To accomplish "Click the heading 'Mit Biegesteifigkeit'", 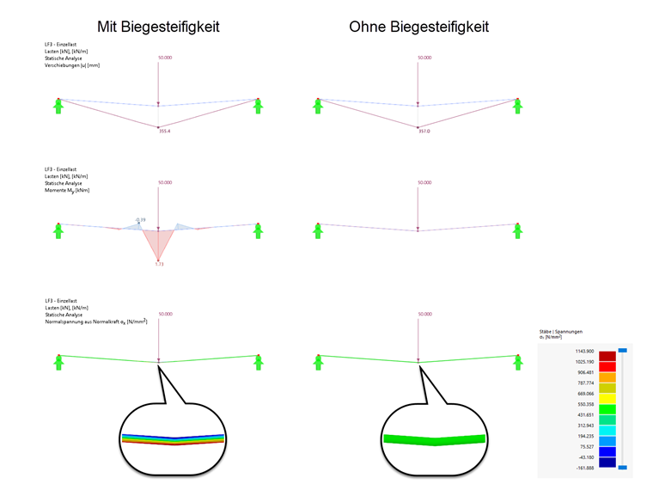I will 158,27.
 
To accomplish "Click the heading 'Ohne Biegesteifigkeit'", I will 418,27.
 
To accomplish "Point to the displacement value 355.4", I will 164,132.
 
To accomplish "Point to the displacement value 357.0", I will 424,132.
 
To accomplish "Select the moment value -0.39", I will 140,219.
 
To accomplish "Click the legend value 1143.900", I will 584,352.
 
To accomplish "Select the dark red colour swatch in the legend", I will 607,355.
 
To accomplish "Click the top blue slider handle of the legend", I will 623,350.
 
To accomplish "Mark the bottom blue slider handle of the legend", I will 623,467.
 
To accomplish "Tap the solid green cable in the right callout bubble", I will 434,439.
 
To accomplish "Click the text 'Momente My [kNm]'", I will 66,190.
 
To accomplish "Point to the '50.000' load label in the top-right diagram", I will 424,58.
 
